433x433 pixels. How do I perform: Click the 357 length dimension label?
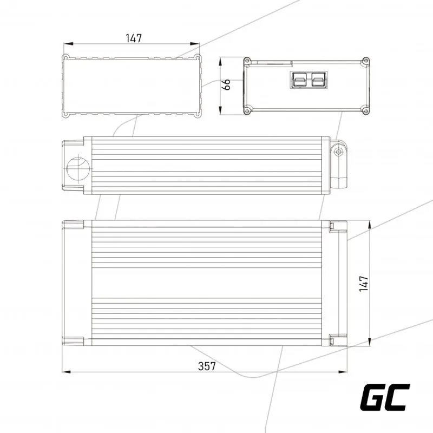click(207, 366)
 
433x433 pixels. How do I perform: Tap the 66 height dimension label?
click(226, 84)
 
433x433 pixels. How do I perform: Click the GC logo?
click(385, 397)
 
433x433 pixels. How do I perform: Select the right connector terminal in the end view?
click(318, 80)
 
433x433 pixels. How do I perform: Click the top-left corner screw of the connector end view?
click(247, 61)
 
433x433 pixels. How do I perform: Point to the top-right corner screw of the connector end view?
click(366, 61)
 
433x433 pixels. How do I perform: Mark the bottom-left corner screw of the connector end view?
click(247, 111)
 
